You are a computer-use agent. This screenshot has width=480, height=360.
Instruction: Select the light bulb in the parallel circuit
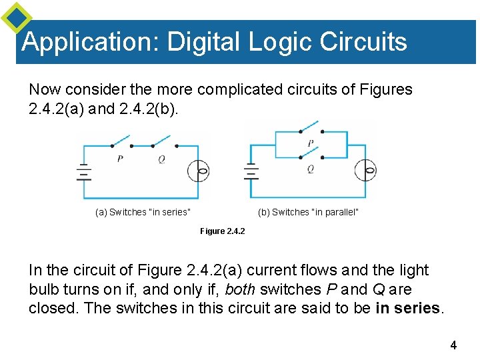tap(368, 172)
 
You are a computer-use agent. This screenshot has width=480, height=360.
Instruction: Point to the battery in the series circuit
tap(83, 172)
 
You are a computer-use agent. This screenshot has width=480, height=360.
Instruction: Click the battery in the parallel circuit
tap(251, 172)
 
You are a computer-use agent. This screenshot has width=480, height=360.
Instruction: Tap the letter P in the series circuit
tap(120, 159)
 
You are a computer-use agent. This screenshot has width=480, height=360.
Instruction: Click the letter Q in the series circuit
tap(161, 159)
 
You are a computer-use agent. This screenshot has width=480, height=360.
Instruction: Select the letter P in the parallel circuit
tap(311, 143)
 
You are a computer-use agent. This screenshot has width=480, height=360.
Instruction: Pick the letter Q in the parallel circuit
tap(311, 169)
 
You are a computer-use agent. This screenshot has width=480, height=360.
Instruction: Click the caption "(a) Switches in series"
tap(143, 212)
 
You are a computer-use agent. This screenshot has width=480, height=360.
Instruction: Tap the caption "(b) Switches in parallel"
tap(308, 212)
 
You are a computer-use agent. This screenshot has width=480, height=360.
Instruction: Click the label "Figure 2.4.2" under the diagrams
tap(223, 231)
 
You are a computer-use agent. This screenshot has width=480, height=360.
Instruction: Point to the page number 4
tap(453, 345)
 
